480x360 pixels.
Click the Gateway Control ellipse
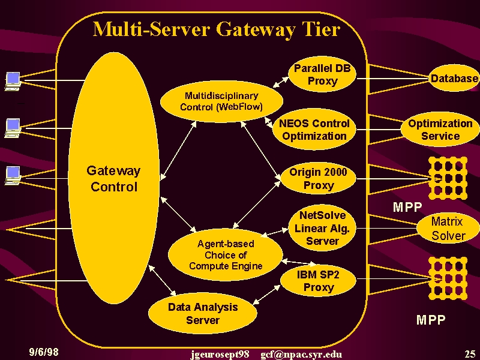click(113, 178)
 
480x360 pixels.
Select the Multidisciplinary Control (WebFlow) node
click(221, 101)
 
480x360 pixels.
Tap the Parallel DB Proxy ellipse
click(322, 74)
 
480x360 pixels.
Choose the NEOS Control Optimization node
click(314, 130)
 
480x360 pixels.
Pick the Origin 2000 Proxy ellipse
click(318, 178)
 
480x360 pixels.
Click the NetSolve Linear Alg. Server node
click(322, 228)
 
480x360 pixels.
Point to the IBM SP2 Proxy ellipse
click(318, 281)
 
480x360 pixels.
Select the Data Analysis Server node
click(203, 313)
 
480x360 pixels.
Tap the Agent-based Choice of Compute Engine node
click(226, 254)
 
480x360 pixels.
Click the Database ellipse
click(454, 79)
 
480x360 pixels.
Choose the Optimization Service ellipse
click(440, 130)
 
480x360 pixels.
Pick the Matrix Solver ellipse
click(448, 229)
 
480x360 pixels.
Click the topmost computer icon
click(13, 81)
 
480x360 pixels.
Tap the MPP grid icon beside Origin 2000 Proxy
click(448, 178)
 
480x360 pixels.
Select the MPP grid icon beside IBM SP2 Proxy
click(448, 278)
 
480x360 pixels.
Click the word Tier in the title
click(322, 29)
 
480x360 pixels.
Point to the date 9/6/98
click(44, 352)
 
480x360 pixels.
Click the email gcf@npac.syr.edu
click(301, 355)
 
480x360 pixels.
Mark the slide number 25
click(470, 354)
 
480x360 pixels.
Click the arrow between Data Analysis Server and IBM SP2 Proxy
click(266, 295)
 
